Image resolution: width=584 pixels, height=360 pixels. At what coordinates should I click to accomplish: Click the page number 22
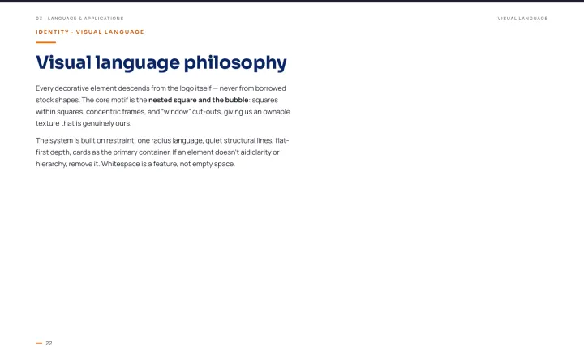49,343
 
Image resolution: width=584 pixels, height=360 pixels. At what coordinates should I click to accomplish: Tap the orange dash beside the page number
39,343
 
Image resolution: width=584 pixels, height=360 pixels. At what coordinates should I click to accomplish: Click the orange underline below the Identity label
45,42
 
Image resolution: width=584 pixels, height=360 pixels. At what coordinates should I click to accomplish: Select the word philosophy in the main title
235,63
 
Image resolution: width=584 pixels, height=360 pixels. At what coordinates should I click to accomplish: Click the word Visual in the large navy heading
63,62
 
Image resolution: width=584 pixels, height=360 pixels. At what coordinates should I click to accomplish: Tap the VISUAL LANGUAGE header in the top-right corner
522,19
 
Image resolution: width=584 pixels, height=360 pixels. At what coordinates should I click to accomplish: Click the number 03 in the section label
39,19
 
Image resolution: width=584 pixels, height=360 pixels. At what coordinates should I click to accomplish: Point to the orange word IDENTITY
53,32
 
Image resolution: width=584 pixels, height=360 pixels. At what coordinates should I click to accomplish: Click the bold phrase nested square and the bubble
199,100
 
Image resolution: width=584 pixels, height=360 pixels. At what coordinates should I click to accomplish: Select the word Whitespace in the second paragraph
121,164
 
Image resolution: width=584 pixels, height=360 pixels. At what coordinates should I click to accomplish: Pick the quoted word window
176,112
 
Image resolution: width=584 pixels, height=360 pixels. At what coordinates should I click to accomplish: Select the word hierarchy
51,164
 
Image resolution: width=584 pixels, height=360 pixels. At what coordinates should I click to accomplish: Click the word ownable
277,112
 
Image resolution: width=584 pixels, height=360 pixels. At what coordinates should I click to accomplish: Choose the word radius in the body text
161,141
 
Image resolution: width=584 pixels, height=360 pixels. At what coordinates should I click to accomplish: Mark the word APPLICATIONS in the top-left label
104,19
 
